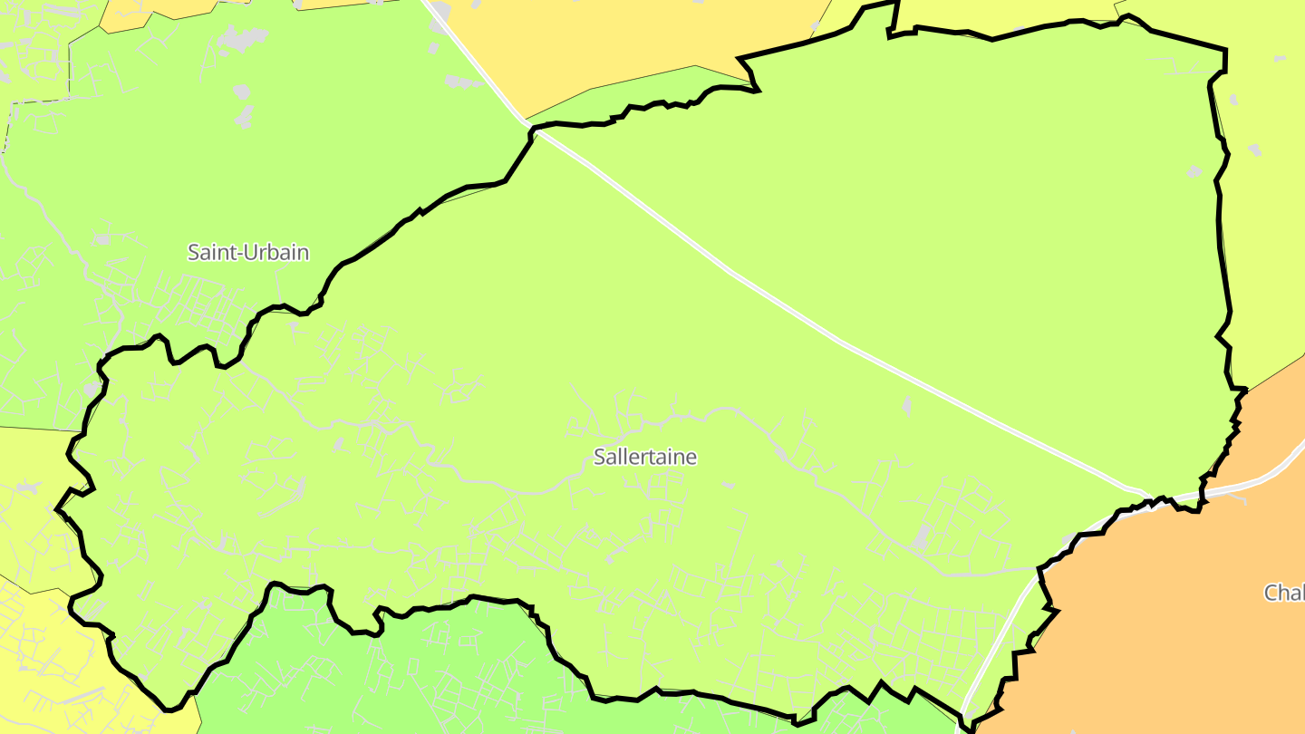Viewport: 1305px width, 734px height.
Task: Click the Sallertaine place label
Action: tap(645, 457)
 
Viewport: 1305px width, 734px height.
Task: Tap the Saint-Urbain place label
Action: tap(248, 252)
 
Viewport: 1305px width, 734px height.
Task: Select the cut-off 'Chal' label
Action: tap(1284, 593)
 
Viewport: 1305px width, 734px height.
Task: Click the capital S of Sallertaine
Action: tap(599, 457)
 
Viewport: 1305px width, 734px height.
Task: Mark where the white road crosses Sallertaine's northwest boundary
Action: tap(536, 132)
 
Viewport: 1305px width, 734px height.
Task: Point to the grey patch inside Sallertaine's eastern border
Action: tap(1194, 171)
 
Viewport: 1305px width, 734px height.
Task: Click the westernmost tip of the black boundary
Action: tap(57, 509)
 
